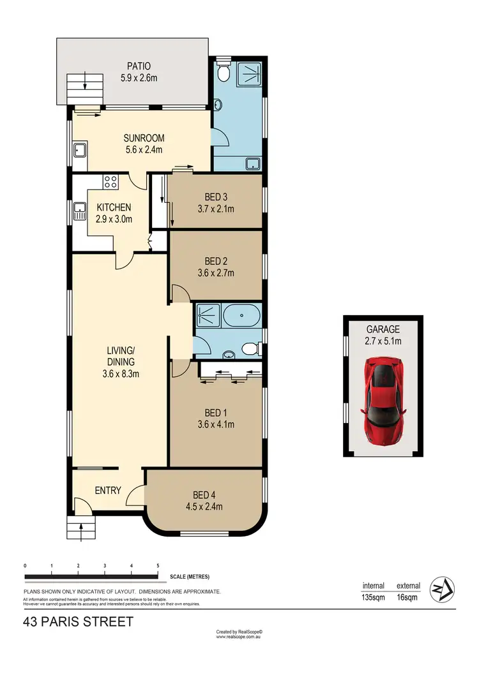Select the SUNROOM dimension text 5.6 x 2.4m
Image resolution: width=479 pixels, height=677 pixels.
point(144,151)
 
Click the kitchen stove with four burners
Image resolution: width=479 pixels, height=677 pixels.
point(110,181)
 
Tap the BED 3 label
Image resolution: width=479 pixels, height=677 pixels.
point(217,197)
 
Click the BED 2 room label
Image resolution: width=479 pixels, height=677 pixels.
point(217,261)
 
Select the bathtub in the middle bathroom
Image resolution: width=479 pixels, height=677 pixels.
point(243,314)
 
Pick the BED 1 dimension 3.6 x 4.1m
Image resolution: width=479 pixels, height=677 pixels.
point(216,423)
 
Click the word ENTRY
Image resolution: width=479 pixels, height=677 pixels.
point(108,490)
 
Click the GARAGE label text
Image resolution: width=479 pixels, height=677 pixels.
point(383,329)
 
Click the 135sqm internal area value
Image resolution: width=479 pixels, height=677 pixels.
point(374,598)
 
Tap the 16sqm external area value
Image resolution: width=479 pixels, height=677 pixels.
point(407,598)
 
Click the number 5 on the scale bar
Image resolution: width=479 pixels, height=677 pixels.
point(158,566)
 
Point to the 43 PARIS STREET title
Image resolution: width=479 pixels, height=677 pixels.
point(78,621)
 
